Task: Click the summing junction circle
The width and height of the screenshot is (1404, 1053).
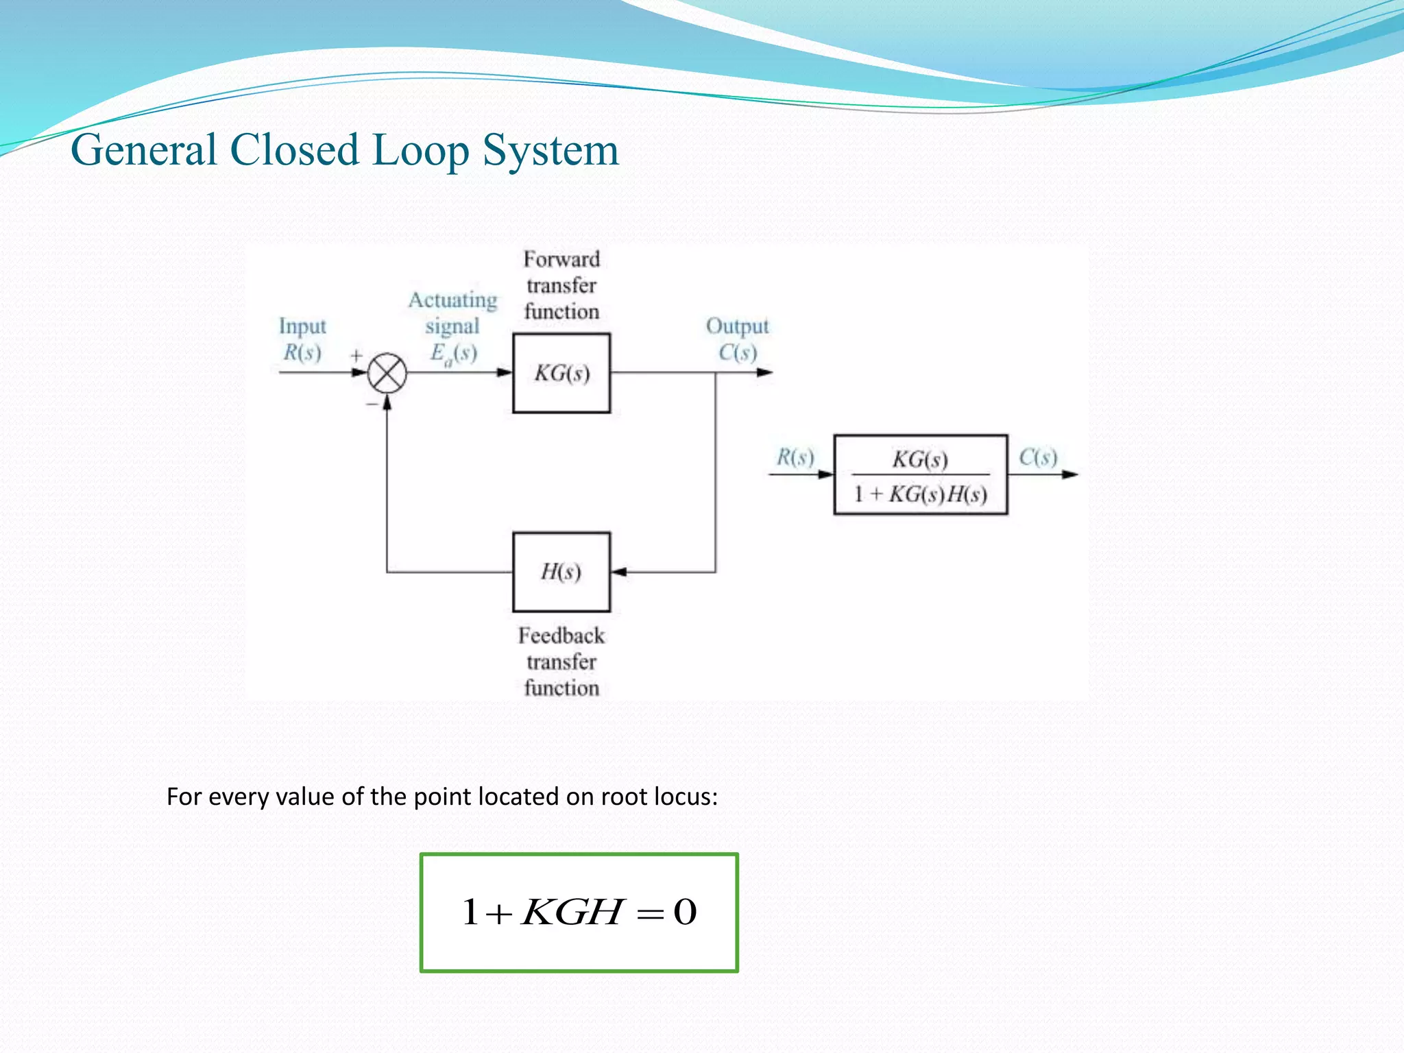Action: (x=387, y=374)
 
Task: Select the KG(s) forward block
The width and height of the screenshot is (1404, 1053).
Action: (x=561, y=374)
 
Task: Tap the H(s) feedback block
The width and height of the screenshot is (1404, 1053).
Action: (x=561, y=572)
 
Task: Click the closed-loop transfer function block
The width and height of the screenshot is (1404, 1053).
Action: (x=921, y=474)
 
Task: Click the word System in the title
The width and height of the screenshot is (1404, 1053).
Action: (x=550, y=150)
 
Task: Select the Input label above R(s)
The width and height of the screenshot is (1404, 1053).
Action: (x=302, y=326)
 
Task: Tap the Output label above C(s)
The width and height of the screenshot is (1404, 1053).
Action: (x=738, y=326)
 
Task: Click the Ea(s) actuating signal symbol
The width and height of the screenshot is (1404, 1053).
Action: (x=453, y=354)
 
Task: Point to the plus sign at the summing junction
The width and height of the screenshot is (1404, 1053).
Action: (x=356, y=355)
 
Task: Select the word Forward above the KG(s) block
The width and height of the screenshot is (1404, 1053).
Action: (x=561, y=259)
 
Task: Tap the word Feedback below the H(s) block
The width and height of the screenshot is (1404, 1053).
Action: (x=561, y=636)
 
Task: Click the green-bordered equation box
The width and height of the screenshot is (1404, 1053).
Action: (x=579, y=912)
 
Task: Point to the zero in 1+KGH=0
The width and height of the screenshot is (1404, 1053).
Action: (x=685, y=912)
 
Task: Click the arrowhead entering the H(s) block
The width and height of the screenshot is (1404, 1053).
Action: (x=618, y=572)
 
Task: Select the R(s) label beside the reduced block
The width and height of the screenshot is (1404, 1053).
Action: (x=795, y=457)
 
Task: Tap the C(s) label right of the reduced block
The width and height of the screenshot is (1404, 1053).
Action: (x=1038, y=457)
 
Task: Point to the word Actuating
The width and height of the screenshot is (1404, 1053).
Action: (x=453, y=300)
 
